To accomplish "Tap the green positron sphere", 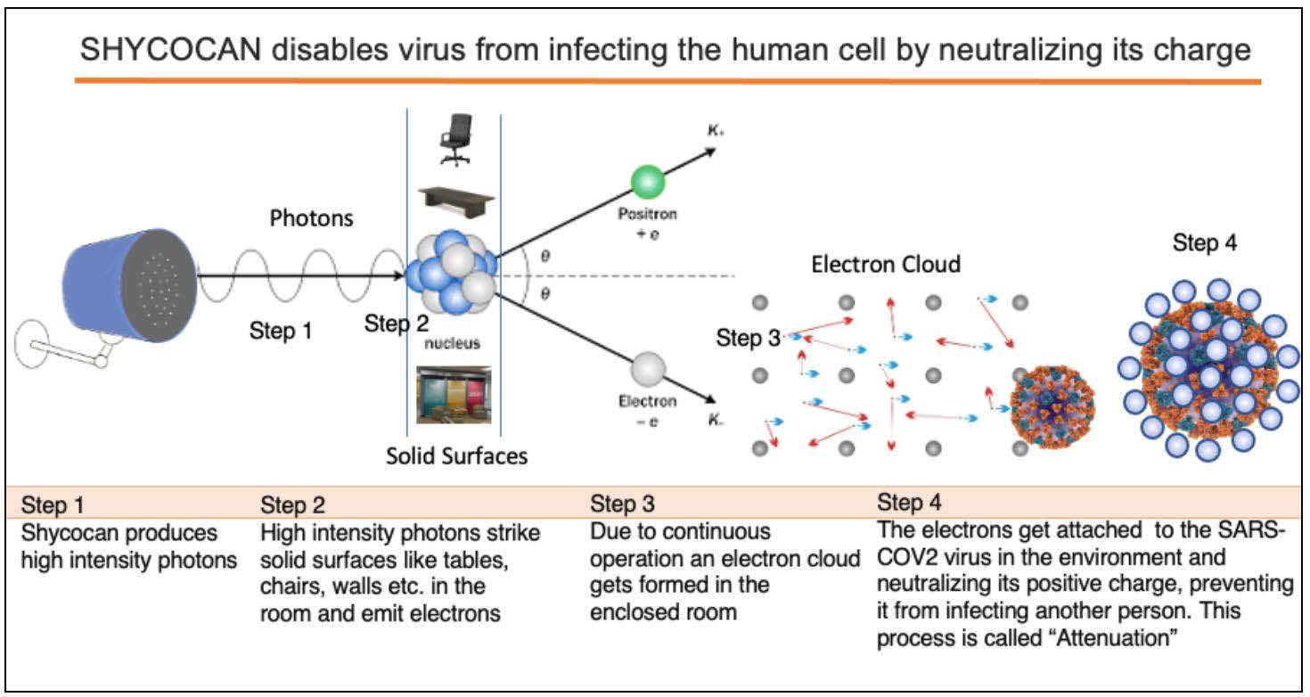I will coord(647,181).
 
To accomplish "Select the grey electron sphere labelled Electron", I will coord(648,367).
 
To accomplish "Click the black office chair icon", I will coord(455,140).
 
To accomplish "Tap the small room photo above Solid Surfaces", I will coord(454,394).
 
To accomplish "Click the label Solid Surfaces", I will coord(456,456).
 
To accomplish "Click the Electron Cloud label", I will coord(886,264).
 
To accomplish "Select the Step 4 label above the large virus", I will coord(1205,242).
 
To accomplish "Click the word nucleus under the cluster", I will coord(453,344).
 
